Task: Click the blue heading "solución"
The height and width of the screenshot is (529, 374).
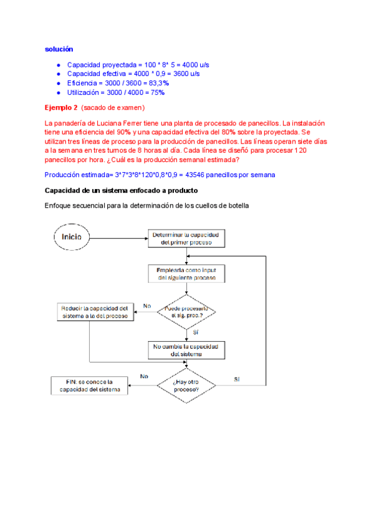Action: pyautogui.click(x=59, y=49)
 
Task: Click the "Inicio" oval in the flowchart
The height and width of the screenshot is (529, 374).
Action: pyautogui.click(x=75, y=237)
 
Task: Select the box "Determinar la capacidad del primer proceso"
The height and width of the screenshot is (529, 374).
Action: pyautogui.click(x=186, y=238)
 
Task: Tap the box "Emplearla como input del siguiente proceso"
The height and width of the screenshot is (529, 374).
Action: pyautogui.click(x=186, y=273)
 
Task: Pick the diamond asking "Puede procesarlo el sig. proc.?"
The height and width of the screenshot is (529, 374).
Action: pyautogui.click(x=186, y=311)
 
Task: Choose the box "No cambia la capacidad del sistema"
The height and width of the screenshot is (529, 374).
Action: pyautogui.click(x=186, y=349)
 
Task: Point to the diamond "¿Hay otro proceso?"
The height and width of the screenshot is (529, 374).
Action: pyautogui.click(x=186, y=385)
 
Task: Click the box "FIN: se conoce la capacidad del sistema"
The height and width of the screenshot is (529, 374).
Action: pyautogui.click(x=89, y=386)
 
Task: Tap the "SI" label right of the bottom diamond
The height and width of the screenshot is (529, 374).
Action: pyautogui.click(x=237, y=379)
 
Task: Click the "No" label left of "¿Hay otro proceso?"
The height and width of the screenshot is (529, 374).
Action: pyautogui.click(x=144, y=376)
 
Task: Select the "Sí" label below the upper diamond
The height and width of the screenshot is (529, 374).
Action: pyautogui.click(x=195, y=332)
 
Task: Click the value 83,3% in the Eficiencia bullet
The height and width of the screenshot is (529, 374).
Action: pyautogui.click(x=160, y=83)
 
